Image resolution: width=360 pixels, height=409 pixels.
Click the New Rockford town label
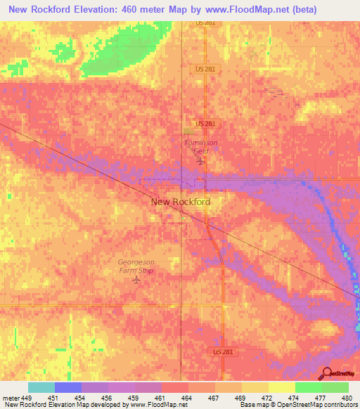[x=180, y=202]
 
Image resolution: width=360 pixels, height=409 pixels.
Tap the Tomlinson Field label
[x=201, y=146]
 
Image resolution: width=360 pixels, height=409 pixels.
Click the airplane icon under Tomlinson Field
[x=200, y=162]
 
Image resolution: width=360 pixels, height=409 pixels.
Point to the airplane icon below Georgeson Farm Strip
[x=136, y=280]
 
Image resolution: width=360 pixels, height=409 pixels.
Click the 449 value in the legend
[x=28, y=398]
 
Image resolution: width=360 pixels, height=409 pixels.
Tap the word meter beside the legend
[x=10, y=398]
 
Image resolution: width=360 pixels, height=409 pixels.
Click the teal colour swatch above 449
[x=41, y=387]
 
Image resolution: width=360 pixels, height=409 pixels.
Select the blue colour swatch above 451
[x=68, y=387]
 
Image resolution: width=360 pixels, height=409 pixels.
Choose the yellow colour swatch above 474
[x=282, y=387]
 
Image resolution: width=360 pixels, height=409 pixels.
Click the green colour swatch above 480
[x=335, y=387]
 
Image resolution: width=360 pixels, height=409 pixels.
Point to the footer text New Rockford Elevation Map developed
[x=63, y=405]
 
